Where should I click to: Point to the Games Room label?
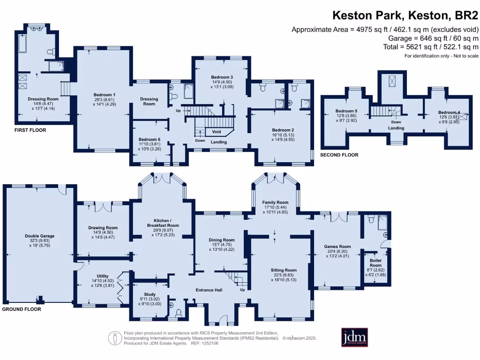[x=337, y=247]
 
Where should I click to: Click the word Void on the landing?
[x=217, y=132]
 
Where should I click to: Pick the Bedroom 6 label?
[x=150, y=139]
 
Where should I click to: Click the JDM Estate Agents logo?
[x=354, y=337]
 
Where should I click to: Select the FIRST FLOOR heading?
[x=30, y=130]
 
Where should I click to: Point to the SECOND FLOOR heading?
[x=339, y=155]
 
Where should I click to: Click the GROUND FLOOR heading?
[x=22, y=309]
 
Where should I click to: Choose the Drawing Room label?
[x=103, y=228]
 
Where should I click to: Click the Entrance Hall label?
[x=209, y=290]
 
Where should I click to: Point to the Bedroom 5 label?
[x=346, y=111]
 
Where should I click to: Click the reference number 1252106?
[x=209, y=343]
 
